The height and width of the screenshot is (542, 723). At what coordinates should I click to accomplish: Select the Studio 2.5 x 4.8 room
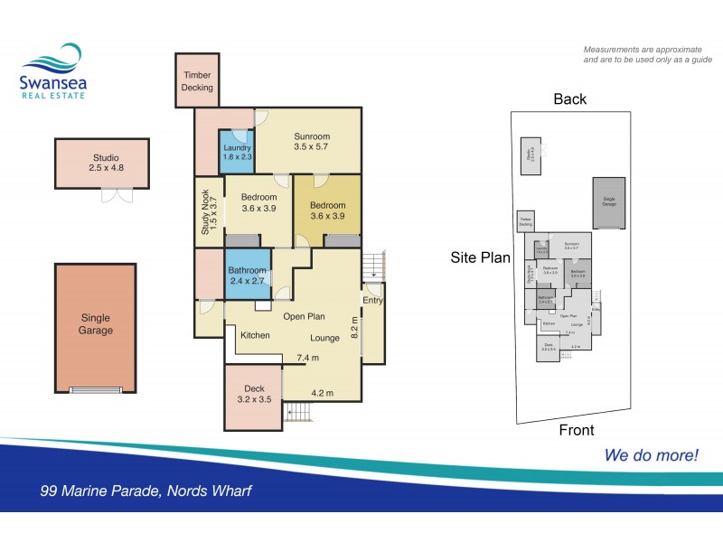coord(101,162)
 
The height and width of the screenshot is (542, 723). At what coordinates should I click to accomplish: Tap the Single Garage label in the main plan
coord(96,323)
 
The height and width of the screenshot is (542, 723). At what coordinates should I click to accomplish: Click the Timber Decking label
coord(198,81)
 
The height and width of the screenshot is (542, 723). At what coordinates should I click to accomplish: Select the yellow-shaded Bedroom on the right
coord(328,210)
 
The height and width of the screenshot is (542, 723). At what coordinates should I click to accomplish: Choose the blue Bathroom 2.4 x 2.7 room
coord(247,275)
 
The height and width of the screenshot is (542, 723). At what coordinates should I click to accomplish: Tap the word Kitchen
coord(255,335)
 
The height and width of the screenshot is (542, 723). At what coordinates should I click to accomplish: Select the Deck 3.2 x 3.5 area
coord(252,394)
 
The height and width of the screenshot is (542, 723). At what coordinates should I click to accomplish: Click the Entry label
coord(371,301)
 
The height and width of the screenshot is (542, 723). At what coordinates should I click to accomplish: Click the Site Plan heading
coord(480,257)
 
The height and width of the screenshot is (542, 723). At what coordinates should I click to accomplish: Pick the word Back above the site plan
coord(569,99)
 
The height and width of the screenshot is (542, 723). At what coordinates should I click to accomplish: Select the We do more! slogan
coord(651,455)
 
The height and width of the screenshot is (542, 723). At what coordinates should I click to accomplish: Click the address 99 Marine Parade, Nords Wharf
coord(146,491)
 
